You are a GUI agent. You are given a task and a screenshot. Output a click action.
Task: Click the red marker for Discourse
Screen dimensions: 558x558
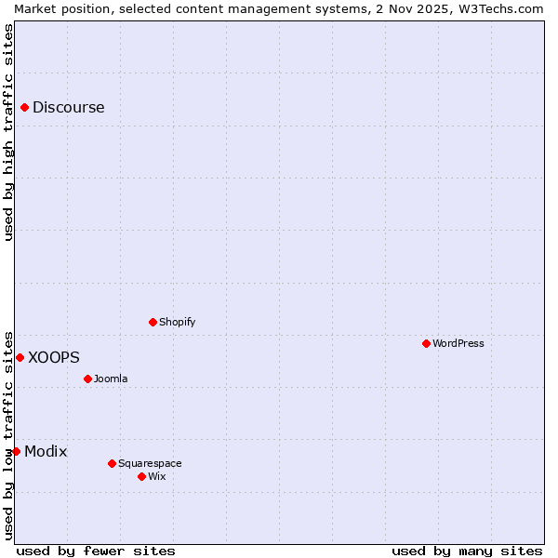tap(25, 108)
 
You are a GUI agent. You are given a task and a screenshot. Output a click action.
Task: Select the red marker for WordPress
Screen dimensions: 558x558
tap(427, 343)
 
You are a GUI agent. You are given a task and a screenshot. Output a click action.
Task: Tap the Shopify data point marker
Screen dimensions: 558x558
tap(153, 322)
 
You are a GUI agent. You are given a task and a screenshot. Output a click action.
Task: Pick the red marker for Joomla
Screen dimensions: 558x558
tap(88, 379)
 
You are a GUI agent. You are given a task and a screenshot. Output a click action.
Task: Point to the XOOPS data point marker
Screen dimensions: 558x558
tap(20, 357)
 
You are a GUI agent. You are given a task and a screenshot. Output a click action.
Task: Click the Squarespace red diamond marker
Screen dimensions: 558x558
tap(113, 463)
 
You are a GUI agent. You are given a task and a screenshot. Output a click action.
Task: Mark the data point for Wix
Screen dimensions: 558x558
tap(142, 476)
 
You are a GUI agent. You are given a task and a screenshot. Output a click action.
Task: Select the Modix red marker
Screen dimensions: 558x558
tap(16, 451)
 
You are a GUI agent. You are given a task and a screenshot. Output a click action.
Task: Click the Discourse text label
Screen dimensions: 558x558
tap(69, 108)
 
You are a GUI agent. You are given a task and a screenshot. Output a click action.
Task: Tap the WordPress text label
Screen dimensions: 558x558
tap(458, 343)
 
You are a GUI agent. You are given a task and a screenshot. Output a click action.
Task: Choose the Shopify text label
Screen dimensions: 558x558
tap(178, 322)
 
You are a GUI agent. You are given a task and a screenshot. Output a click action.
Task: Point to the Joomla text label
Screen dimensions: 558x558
tap(111, 379)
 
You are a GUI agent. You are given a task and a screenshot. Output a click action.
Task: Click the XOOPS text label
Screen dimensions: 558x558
tap(54, 357)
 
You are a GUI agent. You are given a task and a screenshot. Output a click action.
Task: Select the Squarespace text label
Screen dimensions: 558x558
tap(150, 463)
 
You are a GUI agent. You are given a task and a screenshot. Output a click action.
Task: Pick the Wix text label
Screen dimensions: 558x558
tap(157, 476)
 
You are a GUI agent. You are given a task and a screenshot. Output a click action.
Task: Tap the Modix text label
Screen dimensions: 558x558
tap(46, 451)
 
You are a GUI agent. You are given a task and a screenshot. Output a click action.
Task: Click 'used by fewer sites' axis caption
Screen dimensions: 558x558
tap(96, 551)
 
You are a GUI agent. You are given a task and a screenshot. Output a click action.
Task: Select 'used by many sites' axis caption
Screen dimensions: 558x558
tap(467, 551)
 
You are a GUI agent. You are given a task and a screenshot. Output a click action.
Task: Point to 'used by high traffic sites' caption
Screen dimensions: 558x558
tap(9, 132)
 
